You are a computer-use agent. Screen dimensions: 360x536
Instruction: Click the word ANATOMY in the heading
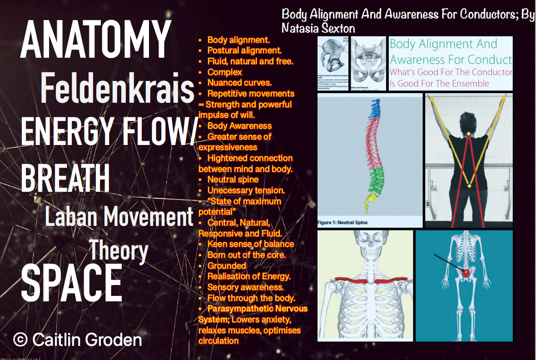click(95, 39)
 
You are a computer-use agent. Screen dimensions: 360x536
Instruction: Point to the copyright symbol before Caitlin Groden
click(20, 339)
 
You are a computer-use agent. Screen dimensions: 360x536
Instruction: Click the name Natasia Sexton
click(318, 28)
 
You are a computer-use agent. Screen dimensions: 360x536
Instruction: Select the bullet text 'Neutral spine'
click(233, 180)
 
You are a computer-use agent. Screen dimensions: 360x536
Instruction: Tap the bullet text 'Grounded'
click(227, 265)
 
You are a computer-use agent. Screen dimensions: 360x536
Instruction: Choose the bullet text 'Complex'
click(225, 72)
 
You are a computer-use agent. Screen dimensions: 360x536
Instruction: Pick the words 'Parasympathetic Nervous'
click(258, 309)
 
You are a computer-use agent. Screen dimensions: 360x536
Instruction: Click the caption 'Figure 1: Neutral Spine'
click(342, 223)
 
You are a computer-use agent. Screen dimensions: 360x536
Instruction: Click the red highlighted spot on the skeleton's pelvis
click(465, 272)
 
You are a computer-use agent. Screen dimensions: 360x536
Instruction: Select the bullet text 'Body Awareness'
click(239, 126)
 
